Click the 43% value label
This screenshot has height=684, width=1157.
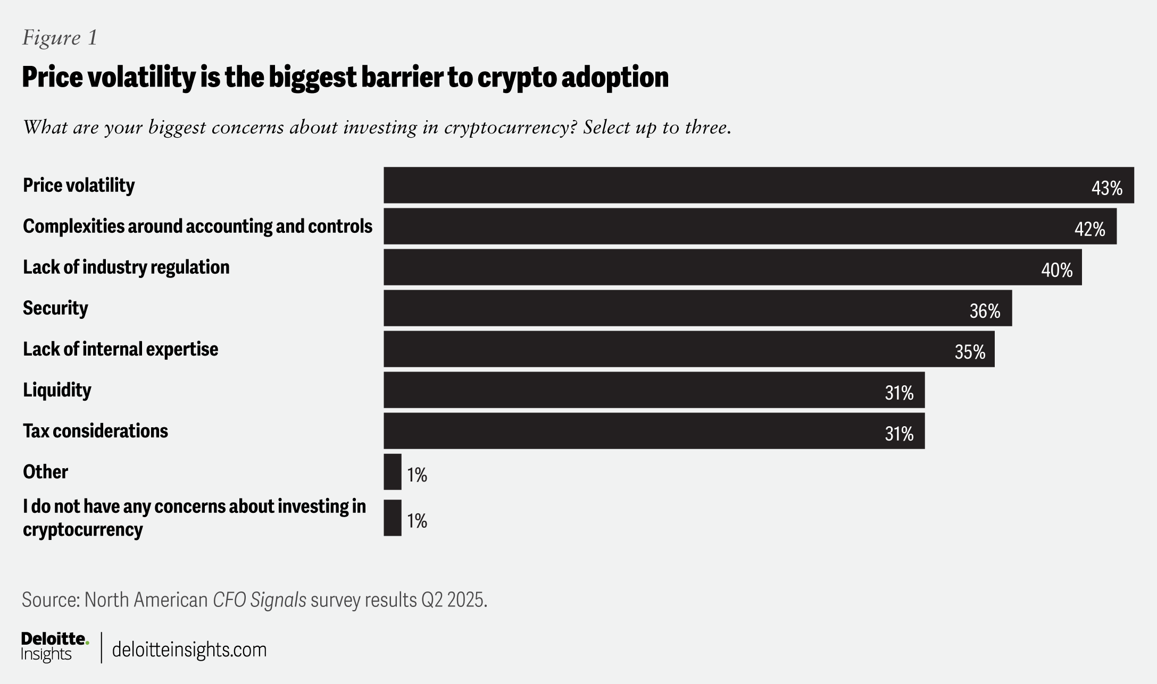tap(1106, 188)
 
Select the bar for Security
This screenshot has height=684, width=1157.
tap(697, 308)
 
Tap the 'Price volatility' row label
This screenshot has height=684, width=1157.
tap(79, 185)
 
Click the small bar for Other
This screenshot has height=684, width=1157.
tap(393, 472)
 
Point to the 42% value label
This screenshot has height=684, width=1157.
tap(1089, 229)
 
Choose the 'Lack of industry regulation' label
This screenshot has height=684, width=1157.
tap(126, 267)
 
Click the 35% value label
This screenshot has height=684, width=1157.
tap(970, 352)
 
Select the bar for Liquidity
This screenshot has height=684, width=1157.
tap(654, 390)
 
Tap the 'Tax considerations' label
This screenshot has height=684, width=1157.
tap(95, 431)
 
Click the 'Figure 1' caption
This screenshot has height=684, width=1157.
tap(60, 38)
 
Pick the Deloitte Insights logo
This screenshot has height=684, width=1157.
tap(54, 646)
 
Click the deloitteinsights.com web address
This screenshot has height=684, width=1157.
tap(189, 650)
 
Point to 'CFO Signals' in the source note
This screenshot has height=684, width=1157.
tap(259, 600)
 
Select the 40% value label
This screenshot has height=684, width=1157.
tap(1056, 270)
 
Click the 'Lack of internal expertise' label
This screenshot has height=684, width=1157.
tap(120, 349)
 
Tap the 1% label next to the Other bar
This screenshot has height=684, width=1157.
tap(417, 475)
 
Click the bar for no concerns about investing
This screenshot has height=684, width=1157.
tap(393, 518)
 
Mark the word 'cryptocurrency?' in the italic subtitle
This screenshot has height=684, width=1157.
tap(511, 128)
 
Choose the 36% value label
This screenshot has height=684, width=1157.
tap(985, 311)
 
